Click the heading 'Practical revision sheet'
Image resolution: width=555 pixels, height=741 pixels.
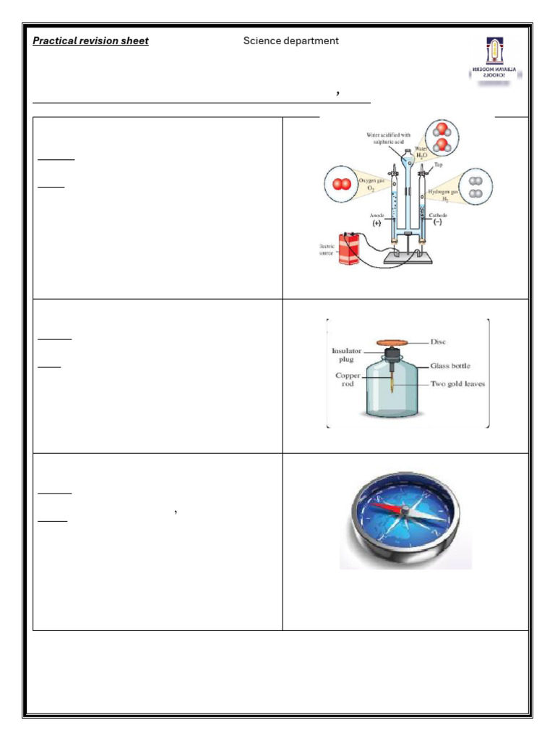click(x=91, y=41)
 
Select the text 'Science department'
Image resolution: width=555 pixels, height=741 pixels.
click(x=291, y=41)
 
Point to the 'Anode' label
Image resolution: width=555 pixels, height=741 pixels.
click(x=377, y=216)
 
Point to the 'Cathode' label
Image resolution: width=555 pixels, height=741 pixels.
click(x=438, y=216)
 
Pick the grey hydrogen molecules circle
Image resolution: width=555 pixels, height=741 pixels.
click(x=475, y=187)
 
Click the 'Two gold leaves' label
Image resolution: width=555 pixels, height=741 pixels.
click(x=458, y=384)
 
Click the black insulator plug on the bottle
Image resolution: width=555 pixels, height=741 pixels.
click(x=392, y=355)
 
